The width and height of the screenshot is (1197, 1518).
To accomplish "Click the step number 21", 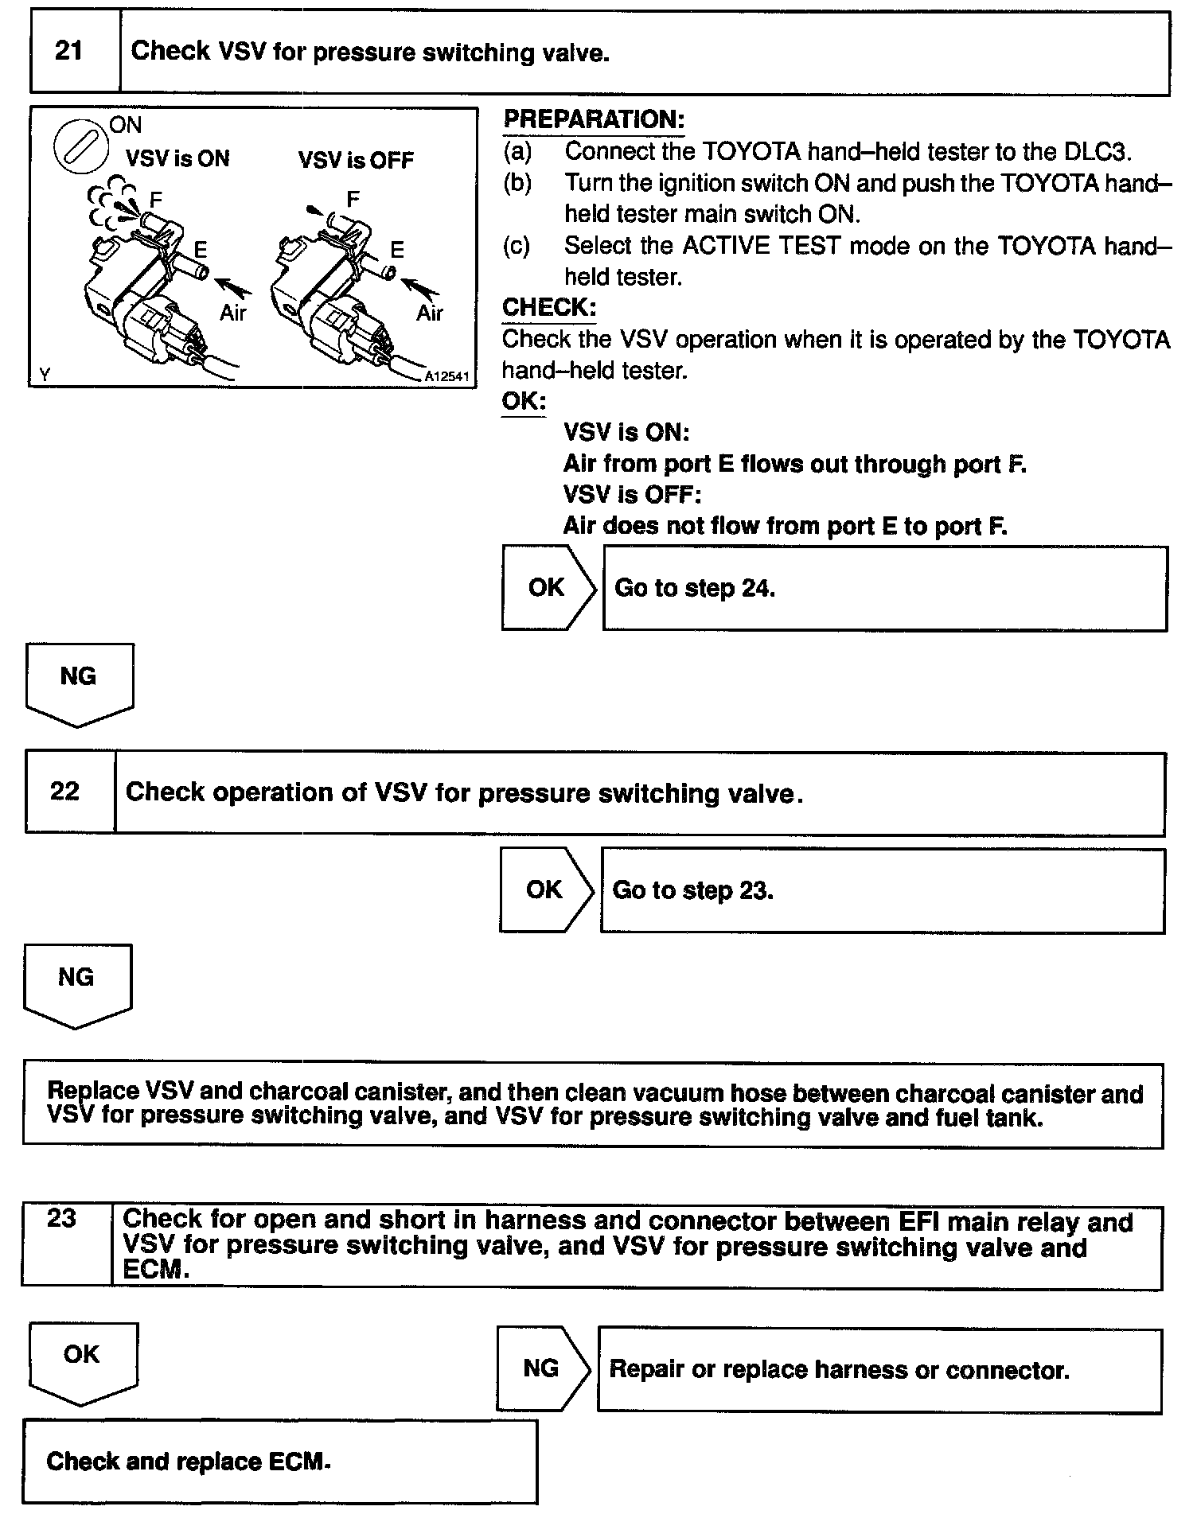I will coord(68,52).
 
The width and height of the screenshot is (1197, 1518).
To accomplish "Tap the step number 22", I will coord(64,791).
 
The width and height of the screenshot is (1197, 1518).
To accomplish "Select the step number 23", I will coord(61,1219).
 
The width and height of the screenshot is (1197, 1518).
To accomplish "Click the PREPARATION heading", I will coord(594,119).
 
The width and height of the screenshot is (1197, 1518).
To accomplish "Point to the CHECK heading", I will coord(549,307).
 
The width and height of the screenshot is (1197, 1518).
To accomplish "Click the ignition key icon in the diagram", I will coord(80,148).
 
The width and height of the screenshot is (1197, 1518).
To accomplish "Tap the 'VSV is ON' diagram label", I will coord(177,159).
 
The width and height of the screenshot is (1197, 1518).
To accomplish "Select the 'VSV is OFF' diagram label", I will coord(356,161).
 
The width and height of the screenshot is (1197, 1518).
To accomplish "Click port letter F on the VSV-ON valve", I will coord(156,199).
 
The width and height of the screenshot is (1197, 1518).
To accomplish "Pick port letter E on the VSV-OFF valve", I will coord(397,250).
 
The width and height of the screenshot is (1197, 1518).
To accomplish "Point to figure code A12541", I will coord(446,376).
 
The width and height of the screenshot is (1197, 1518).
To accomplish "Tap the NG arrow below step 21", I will coord(78,682).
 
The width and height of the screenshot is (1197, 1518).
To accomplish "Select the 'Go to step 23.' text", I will coord(692,890).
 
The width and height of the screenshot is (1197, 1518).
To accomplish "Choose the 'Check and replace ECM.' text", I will coord(188,1462).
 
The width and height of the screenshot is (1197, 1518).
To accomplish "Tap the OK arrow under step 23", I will coord(81,1360).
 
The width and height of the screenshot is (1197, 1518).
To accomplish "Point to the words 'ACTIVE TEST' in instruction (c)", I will coord(762,246).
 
